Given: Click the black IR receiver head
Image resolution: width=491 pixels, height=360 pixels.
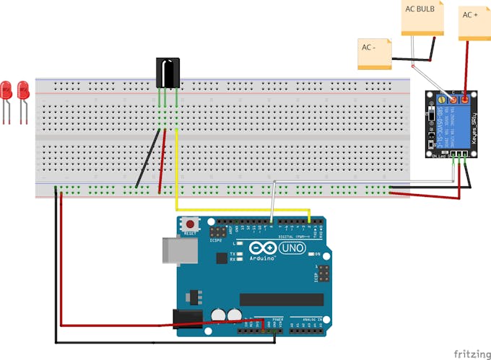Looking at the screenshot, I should tap(168, 74).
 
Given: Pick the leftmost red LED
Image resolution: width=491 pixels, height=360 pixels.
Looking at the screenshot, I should tap(6, 90).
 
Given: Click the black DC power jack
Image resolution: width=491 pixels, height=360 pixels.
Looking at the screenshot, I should tap(185, 319).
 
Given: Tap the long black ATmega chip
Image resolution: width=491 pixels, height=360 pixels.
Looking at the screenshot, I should tap(282, 299).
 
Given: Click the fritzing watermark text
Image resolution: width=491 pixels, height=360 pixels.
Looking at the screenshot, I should tap(470, 354).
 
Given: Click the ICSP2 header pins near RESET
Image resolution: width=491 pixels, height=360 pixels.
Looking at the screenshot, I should tap(217, 233).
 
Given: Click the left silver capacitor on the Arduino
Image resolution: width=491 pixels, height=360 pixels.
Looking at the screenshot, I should tap(218, 315).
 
